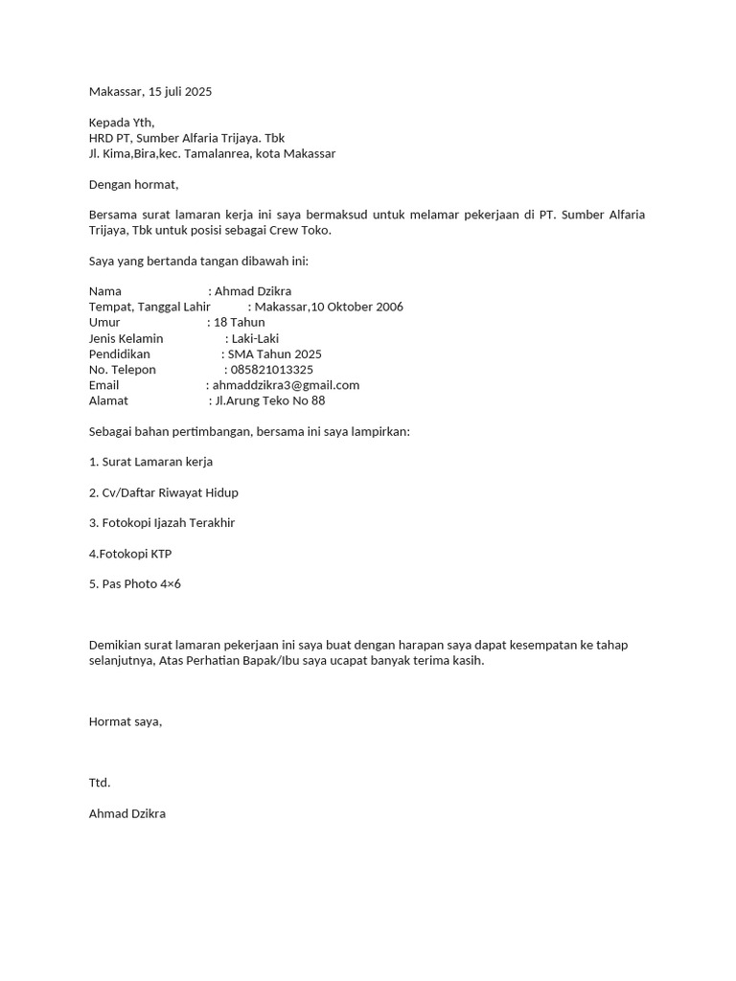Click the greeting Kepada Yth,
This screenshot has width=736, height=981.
(x=121, y=123)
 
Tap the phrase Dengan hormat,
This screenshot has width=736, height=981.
(x=133, y=184)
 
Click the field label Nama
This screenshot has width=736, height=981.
(x=105, y=291)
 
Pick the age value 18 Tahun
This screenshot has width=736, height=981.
(x=240, y=323)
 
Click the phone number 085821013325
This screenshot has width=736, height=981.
(x=272, y=369)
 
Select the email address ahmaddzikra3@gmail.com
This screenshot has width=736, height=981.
(x=286, y=385)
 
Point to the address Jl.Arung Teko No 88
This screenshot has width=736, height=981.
(x=270, y=400)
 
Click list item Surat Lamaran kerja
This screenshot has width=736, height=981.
(x=150, y=462)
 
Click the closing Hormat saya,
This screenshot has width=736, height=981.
(x=126, y=721)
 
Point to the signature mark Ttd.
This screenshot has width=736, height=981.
(x=100, y=783)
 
